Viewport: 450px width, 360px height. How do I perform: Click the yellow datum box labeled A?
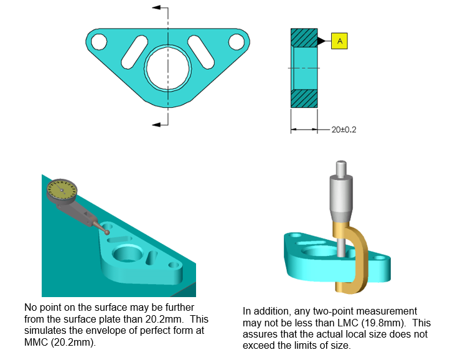point(339,41)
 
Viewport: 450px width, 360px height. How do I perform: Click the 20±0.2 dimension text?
point(345,130)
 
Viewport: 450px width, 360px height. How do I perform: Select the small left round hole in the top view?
point(98,41)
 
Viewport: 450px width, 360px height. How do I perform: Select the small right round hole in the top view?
point(236,41)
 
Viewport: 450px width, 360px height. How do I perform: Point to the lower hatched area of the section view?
point(304,98)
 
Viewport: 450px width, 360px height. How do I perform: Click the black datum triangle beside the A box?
point(322,41)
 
